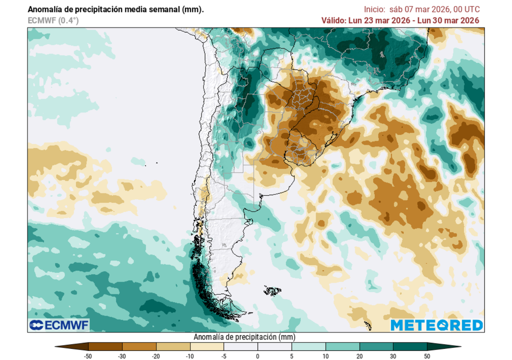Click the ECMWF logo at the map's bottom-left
[58, 325]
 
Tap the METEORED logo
[436, 325]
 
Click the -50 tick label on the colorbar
[88, 356]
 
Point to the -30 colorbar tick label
[122, 356]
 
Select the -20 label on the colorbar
[156, 356]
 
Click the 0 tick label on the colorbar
[257, 356]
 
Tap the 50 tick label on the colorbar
[426, 356]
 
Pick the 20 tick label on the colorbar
[359, 356]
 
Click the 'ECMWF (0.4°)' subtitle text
[53, 20]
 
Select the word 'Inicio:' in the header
[374, 9]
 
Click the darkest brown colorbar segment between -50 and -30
[105, 346]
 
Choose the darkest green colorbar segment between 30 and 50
[410, 346]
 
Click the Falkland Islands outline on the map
[272, 290]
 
